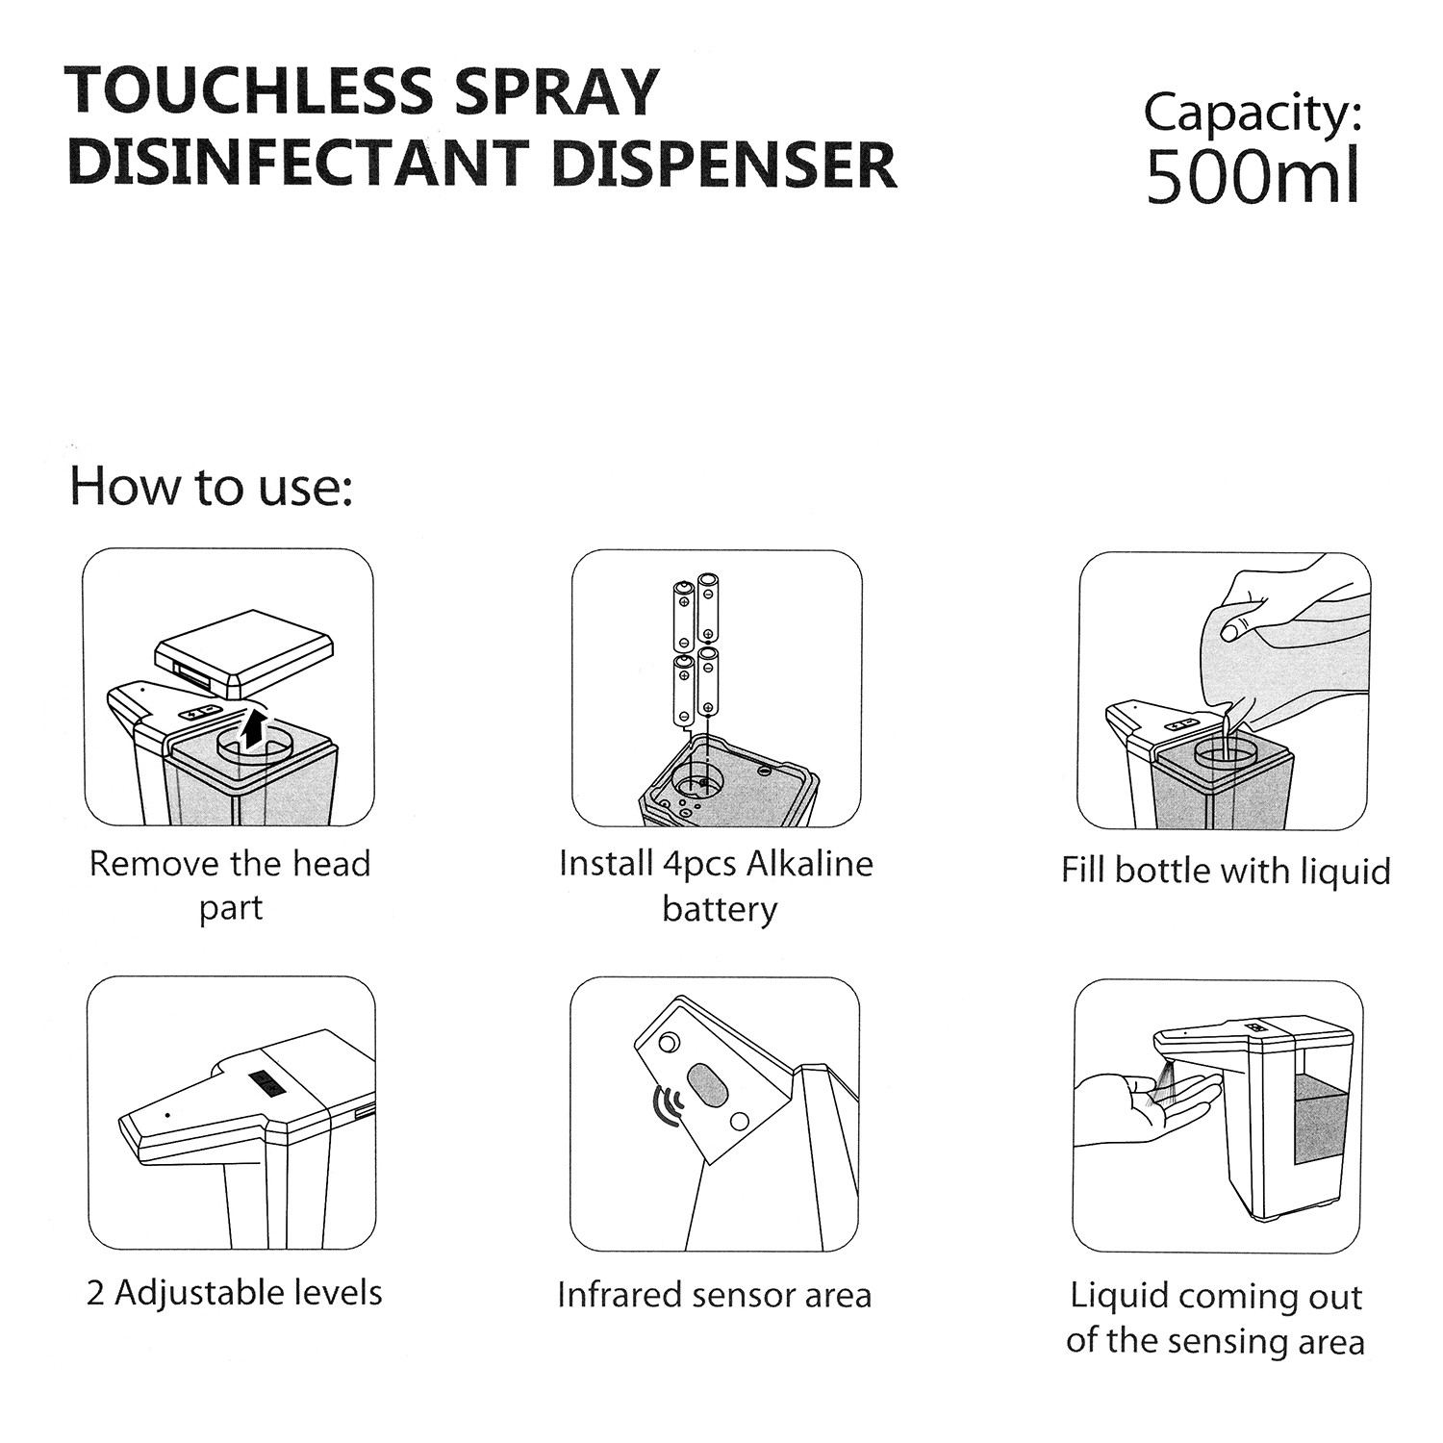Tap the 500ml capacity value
pos(1253,174)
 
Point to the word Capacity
pos(1253,114)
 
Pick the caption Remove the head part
pos(230,885)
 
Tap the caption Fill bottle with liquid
pos(1226,871)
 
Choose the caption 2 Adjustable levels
pos(235,1293)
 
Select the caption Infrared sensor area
pos(715,1295)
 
